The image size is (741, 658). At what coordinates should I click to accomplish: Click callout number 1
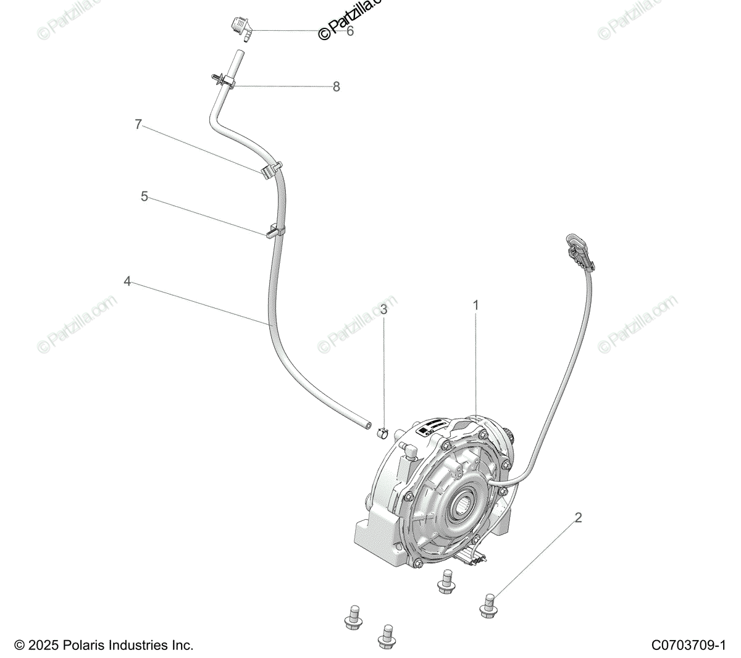pos(476,305)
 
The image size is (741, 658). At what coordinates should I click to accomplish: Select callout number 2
pos(578,517)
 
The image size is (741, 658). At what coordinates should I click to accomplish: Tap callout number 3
pos(383,309)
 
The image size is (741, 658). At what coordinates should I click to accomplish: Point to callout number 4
pos(127,281)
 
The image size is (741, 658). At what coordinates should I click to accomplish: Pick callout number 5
pos(144,196)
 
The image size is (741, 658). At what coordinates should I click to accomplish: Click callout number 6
pos(350,31)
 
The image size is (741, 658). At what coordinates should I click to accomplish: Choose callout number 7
pos(138,124)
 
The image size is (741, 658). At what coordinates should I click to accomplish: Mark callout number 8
pos(336,87)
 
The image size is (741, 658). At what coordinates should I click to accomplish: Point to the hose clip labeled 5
pos(274,231)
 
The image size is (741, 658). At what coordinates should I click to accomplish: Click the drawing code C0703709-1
pos(687,646)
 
